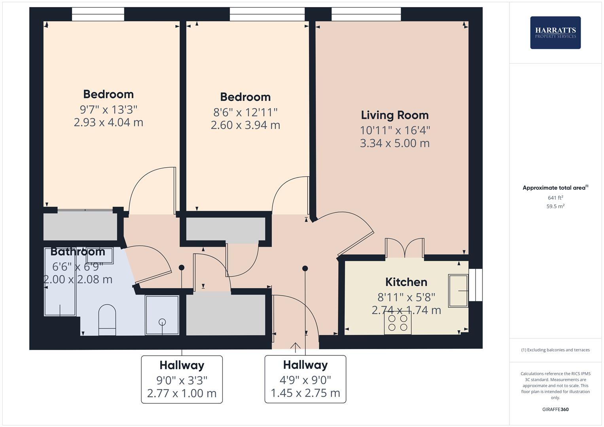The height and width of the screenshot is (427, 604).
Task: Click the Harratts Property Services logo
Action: [x=555, y=32]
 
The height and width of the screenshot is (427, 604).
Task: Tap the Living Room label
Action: [x=394, y=115]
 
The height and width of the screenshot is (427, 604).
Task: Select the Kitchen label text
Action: [x=406, y=282]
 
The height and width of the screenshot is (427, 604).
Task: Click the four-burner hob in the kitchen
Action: [x=398, y=323]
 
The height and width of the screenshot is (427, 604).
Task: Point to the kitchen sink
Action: [x=458, y=291]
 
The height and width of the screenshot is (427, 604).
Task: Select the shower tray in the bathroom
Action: [x=162, y=315]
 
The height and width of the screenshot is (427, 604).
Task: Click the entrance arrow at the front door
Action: [x=295, y=347]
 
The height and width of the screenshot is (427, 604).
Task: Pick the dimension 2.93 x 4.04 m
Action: [x=108, y=122]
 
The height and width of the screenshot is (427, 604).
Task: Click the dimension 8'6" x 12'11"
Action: [x=245, y=112]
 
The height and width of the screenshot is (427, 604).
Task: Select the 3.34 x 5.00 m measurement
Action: [x=394, y=143]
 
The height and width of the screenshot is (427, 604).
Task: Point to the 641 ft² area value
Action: [x=555, y=198]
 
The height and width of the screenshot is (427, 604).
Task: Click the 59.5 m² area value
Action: [x=555, y=206]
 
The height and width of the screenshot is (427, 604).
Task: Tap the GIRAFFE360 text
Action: [x=555, y=409]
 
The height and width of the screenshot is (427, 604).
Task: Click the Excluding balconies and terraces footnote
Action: [x=555, y=350]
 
